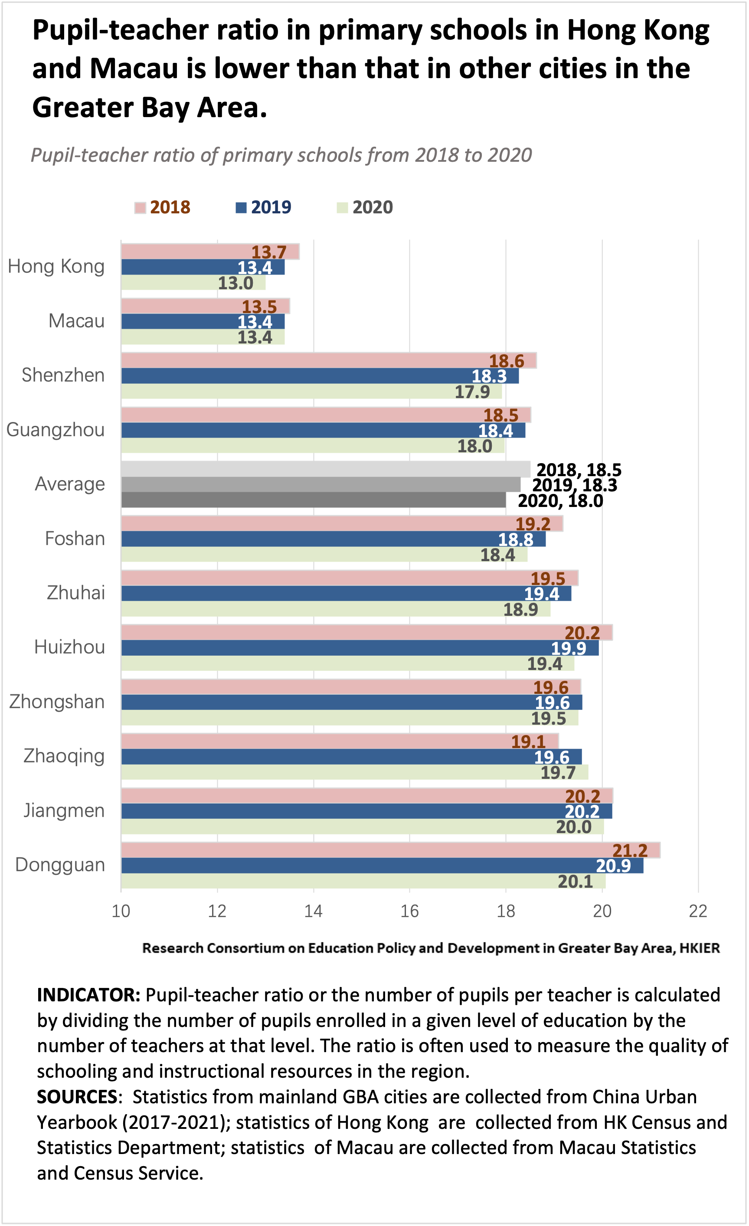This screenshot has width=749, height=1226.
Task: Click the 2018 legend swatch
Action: [x=140, y=207]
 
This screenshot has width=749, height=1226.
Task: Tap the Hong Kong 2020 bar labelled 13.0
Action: [x=193, y=283]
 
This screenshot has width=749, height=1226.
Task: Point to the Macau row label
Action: [x=76, y=321]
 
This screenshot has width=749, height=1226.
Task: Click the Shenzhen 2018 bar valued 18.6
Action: [x=328, y=360]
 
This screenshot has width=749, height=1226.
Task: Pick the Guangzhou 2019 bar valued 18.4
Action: [x=323, y=430]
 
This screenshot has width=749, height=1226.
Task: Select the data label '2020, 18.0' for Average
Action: [x=560, y=500]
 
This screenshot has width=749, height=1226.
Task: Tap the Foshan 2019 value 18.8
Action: [x=516, y=539]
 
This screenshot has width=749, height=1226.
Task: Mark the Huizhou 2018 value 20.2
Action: [x=582, y=633]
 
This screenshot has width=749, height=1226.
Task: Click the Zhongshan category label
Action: [x=57, y=702]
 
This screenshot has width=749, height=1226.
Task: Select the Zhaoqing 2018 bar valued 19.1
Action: [x=340, y=742]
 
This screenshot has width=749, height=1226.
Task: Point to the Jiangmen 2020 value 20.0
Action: [x=573, y=827]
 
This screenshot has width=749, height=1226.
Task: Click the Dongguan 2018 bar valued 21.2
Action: [x=390, y=850]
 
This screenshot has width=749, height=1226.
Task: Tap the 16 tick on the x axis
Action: [x=409, y=911]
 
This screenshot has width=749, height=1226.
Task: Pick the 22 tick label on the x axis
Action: [x=698, y=911]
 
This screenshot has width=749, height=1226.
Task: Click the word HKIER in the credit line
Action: [x=700, y=948]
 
